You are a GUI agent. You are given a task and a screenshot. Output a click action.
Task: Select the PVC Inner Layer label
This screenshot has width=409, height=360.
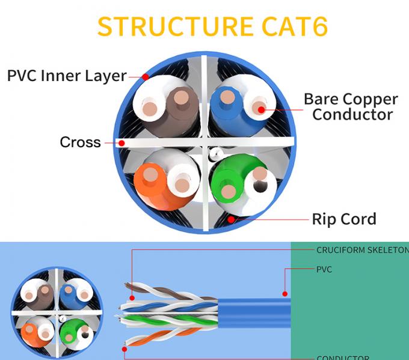coord(67,76)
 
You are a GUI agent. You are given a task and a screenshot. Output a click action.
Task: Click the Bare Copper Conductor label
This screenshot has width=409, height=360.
coord(351,106)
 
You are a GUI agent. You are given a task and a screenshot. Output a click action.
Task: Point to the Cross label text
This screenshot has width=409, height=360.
coord(80,142)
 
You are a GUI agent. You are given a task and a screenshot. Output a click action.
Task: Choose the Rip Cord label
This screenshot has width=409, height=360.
coord(343,219)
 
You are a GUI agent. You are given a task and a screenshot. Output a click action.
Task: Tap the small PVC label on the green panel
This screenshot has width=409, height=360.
coord(324,270)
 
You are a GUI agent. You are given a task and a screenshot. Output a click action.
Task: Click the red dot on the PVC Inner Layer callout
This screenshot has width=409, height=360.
coord(146,77)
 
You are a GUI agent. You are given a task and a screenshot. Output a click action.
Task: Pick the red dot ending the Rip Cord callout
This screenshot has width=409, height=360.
coord(231,219)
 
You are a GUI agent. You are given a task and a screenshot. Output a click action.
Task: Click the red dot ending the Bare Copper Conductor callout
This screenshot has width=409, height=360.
coord(260,108)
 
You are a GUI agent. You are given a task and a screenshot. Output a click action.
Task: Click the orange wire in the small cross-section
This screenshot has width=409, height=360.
coord(28,331)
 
